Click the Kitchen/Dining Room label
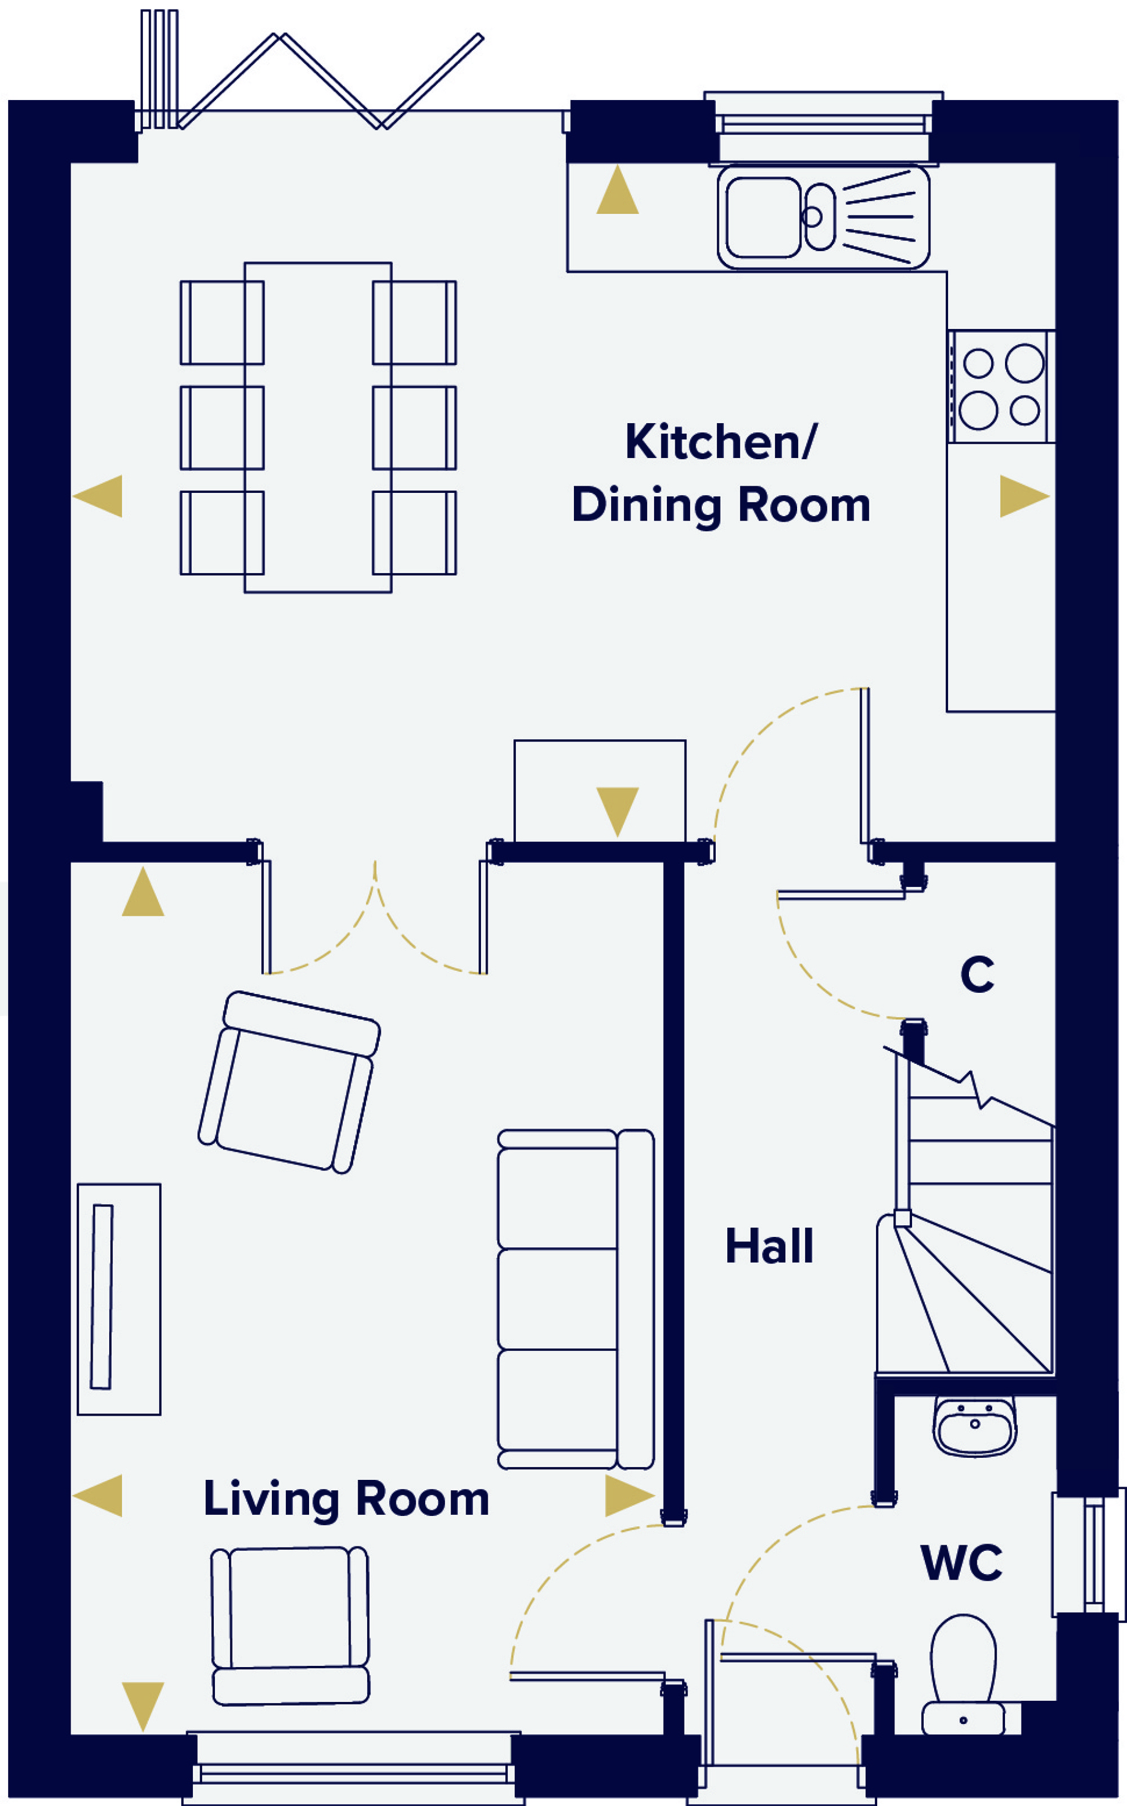(x=721, y=474)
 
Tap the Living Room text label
(x=346, y=1499)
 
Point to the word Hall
(x=769, y=1246)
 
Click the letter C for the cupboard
(x=977, y=973)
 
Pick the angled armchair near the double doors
(x=289, y=1082)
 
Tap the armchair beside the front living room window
(x=291, y=1626)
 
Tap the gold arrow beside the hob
(x=1024, y=495)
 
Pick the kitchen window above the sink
(x=824, y=125)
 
